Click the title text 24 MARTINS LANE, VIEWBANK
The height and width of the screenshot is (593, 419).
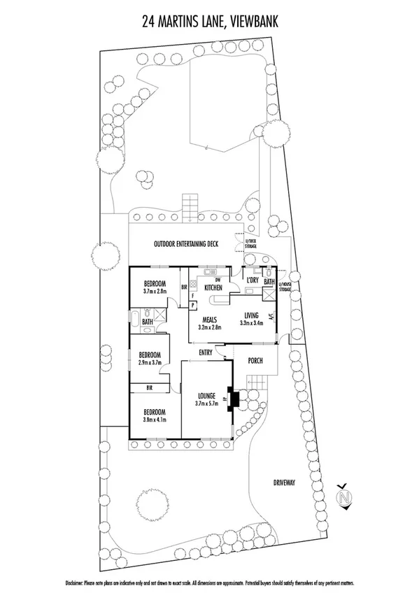pos(210,22)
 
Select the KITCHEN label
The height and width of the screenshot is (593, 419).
pos(213,287)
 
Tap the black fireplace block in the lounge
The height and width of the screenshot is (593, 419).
pos(234,399)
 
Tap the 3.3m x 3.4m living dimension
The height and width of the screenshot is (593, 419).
pos(250,323)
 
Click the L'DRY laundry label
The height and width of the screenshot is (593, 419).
pos(253,280)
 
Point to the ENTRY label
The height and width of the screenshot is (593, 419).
pos(206,352)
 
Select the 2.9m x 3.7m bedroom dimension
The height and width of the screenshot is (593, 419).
pos(149,363)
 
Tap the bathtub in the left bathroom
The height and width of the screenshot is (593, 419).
pos(134,321)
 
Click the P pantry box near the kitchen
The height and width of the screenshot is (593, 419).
pos(192,305)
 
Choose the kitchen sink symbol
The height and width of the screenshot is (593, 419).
pos(209,271)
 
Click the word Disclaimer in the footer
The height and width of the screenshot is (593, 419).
pos(74,583)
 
